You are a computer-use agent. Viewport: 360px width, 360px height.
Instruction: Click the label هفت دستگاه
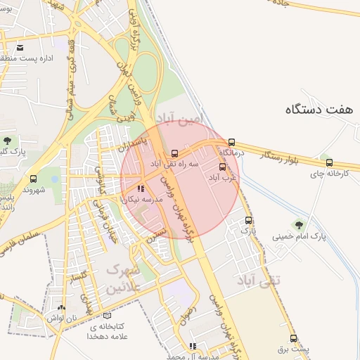pos(319,109)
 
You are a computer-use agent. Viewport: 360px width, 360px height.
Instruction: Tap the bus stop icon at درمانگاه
pos(232,141)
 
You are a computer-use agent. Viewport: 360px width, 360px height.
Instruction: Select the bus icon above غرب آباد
pos(224,167)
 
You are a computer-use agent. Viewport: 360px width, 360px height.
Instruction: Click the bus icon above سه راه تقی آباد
pos(174,153)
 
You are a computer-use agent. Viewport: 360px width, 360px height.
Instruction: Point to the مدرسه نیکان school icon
pos(141,188)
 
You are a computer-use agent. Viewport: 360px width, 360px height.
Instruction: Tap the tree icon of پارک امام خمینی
pos(300,225)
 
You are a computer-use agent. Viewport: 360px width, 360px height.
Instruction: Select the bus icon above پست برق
pos(293,338)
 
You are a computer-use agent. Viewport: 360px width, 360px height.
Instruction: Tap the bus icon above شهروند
pos(33,179)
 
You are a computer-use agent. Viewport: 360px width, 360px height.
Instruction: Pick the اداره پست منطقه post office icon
pos(20,48)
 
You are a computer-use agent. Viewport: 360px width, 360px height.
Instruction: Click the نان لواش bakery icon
pos(61,307)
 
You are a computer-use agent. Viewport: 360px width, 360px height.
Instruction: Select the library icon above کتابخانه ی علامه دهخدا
pos(107,316)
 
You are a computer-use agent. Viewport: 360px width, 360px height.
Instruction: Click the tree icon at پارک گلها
pos(7,141)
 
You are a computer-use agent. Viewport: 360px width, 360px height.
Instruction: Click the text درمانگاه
pos(231,153)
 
